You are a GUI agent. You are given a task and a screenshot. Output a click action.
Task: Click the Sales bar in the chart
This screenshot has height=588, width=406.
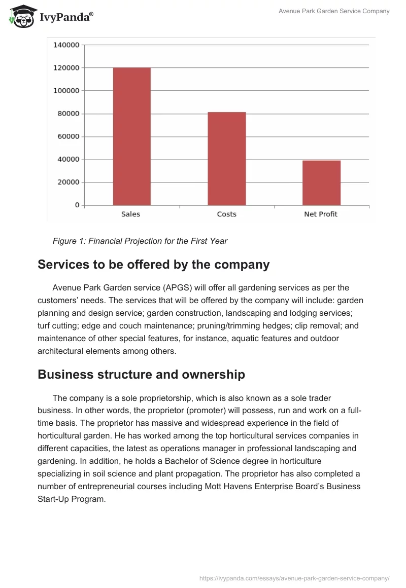coord(131,136)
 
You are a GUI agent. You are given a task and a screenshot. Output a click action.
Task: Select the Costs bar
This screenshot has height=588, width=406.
coord(226,159)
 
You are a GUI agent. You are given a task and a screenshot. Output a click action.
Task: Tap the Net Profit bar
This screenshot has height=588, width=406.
coord(321,183)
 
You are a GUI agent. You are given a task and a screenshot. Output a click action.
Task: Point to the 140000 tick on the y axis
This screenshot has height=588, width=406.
coord(66,45)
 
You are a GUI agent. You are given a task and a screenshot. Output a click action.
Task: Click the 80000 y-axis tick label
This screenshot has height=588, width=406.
coord(68,114)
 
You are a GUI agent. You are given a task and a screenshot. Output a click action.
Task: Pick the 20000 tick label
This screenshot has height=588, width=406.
coord(68,182)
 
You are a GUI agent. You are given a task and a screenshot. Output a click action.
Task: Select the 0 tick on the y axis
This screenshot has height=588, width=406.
coord(77,205)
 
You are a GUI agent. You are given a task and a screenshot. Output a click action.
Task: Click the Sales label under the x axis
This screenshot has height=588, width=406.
coord(130,214)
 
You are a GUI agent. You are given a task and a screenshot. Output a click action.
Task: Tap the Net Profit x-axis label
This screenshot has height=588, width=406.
coord(321,214)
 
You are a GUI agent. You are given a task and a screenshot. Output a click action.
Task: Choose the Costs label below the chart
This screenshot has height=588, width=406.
coord(226,214)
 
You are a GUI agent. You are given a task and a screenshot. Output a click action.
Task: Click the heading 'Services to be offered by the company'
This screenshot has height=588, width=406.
coord(153,265)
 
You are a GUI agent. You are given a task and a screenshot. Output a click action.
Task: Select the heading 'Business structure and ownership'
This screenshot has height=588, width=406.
coord(141,375)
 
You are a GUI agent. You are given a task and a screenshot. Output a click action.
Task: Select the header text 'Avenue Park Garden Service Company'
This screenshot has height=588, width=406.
coord(334,11)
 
